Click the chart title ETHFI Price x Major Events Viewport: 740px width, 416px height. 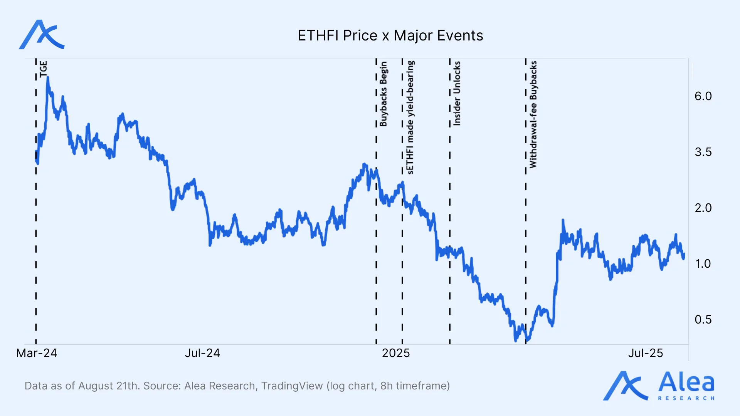coord(390,35)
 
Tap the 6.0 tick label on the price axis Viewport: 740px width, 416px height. coord(703,96)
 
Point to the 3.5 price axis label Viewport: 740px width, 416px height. coord(703,152)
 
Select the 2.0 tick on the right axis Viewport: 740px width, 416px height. coord(703,208)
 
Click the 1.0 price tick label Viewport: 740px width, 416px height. coord(703,264)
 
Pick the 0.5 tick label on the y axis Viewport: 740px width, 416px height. coord(703,320)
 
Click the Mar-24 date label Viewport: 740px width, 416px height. coord(37,353)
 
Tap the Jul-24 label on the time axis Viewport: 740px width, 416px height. coord(202,353)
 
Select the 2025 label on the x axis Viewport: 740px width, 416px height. coord(396,353)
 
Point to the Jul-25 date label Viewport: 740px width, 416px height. coord(646,353)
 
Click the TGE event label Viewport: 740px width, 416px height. coord(44,69)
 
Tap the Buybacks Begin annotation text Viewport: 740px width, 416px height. coord(383,94)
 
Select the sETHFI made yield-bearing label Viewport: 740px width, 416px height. coord(410,117)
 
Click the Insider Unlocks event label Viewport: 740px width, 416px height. coord(457,93)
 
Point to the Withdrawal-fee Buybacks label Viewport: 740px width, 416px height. coord(533,114)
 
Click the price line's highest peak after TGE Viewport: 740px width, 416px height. coord(48,78)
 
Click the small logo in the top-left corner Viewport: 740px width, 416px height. coord(42,35)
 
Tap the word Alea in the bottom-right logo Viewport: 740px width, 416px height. coord(686,383)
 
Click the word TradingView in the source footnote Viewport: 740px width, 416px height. coord(292,386)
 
